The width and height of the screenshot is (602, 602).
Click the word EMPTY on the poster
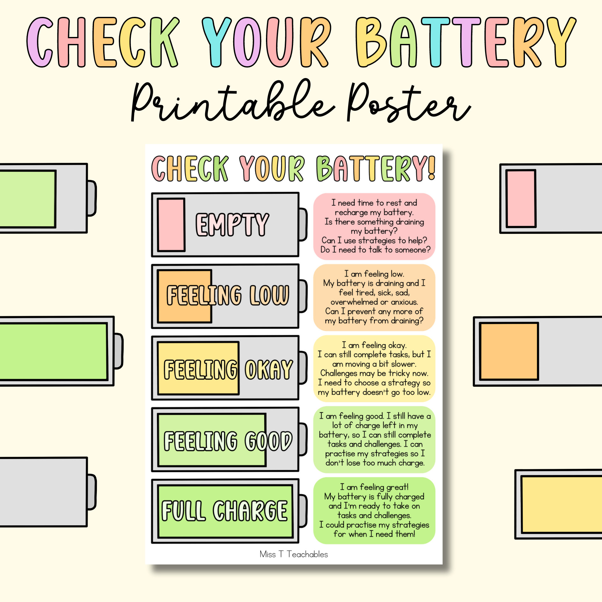tap(232, 225)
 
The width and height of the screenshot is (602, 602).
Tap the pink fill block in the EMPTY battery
tap(171, 225)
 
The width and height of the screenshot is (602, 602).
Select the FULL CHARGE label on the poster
tap(225, 511)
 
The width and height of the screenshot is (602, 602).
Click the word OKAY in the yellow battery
tap(269, 369)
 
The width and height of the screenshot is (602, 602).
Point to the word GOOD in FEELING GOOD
tap(269, 441)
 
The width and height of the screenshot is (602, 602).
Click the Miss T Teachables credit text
tap(293, 554)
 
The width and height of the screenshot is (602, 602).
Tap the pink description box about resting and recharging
tap(374, 226)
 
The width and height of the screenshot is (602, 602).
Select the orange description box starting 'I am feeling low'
tap(374, 297)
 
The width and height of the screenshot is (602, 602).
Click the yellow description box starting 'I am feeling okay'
tap(374, 369)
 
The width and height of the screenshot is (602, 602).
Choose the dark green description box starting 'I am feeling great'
tap(374, 510)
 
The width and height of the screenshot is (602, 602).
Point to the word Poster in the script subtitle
tap(408, 102)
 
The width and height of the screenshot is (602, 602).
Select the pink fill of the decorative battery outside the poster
tap(521, 198)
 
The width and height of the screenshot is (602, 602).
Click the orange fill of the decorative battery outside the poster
tap(509, 351)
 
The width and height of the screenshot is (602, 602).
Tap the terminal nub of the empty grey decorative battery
tap(91, 492)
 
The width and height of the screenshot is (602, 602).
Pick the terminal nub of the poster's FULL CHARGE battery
tap(303, 511)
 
